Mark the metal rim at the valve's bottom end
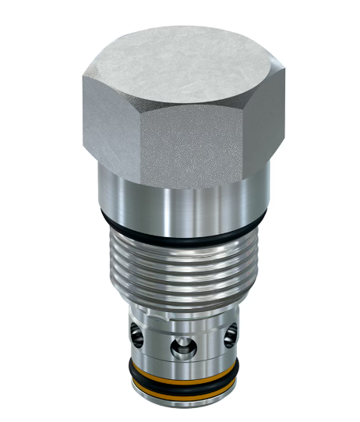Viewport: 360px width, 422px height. (x=182, y=395)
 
